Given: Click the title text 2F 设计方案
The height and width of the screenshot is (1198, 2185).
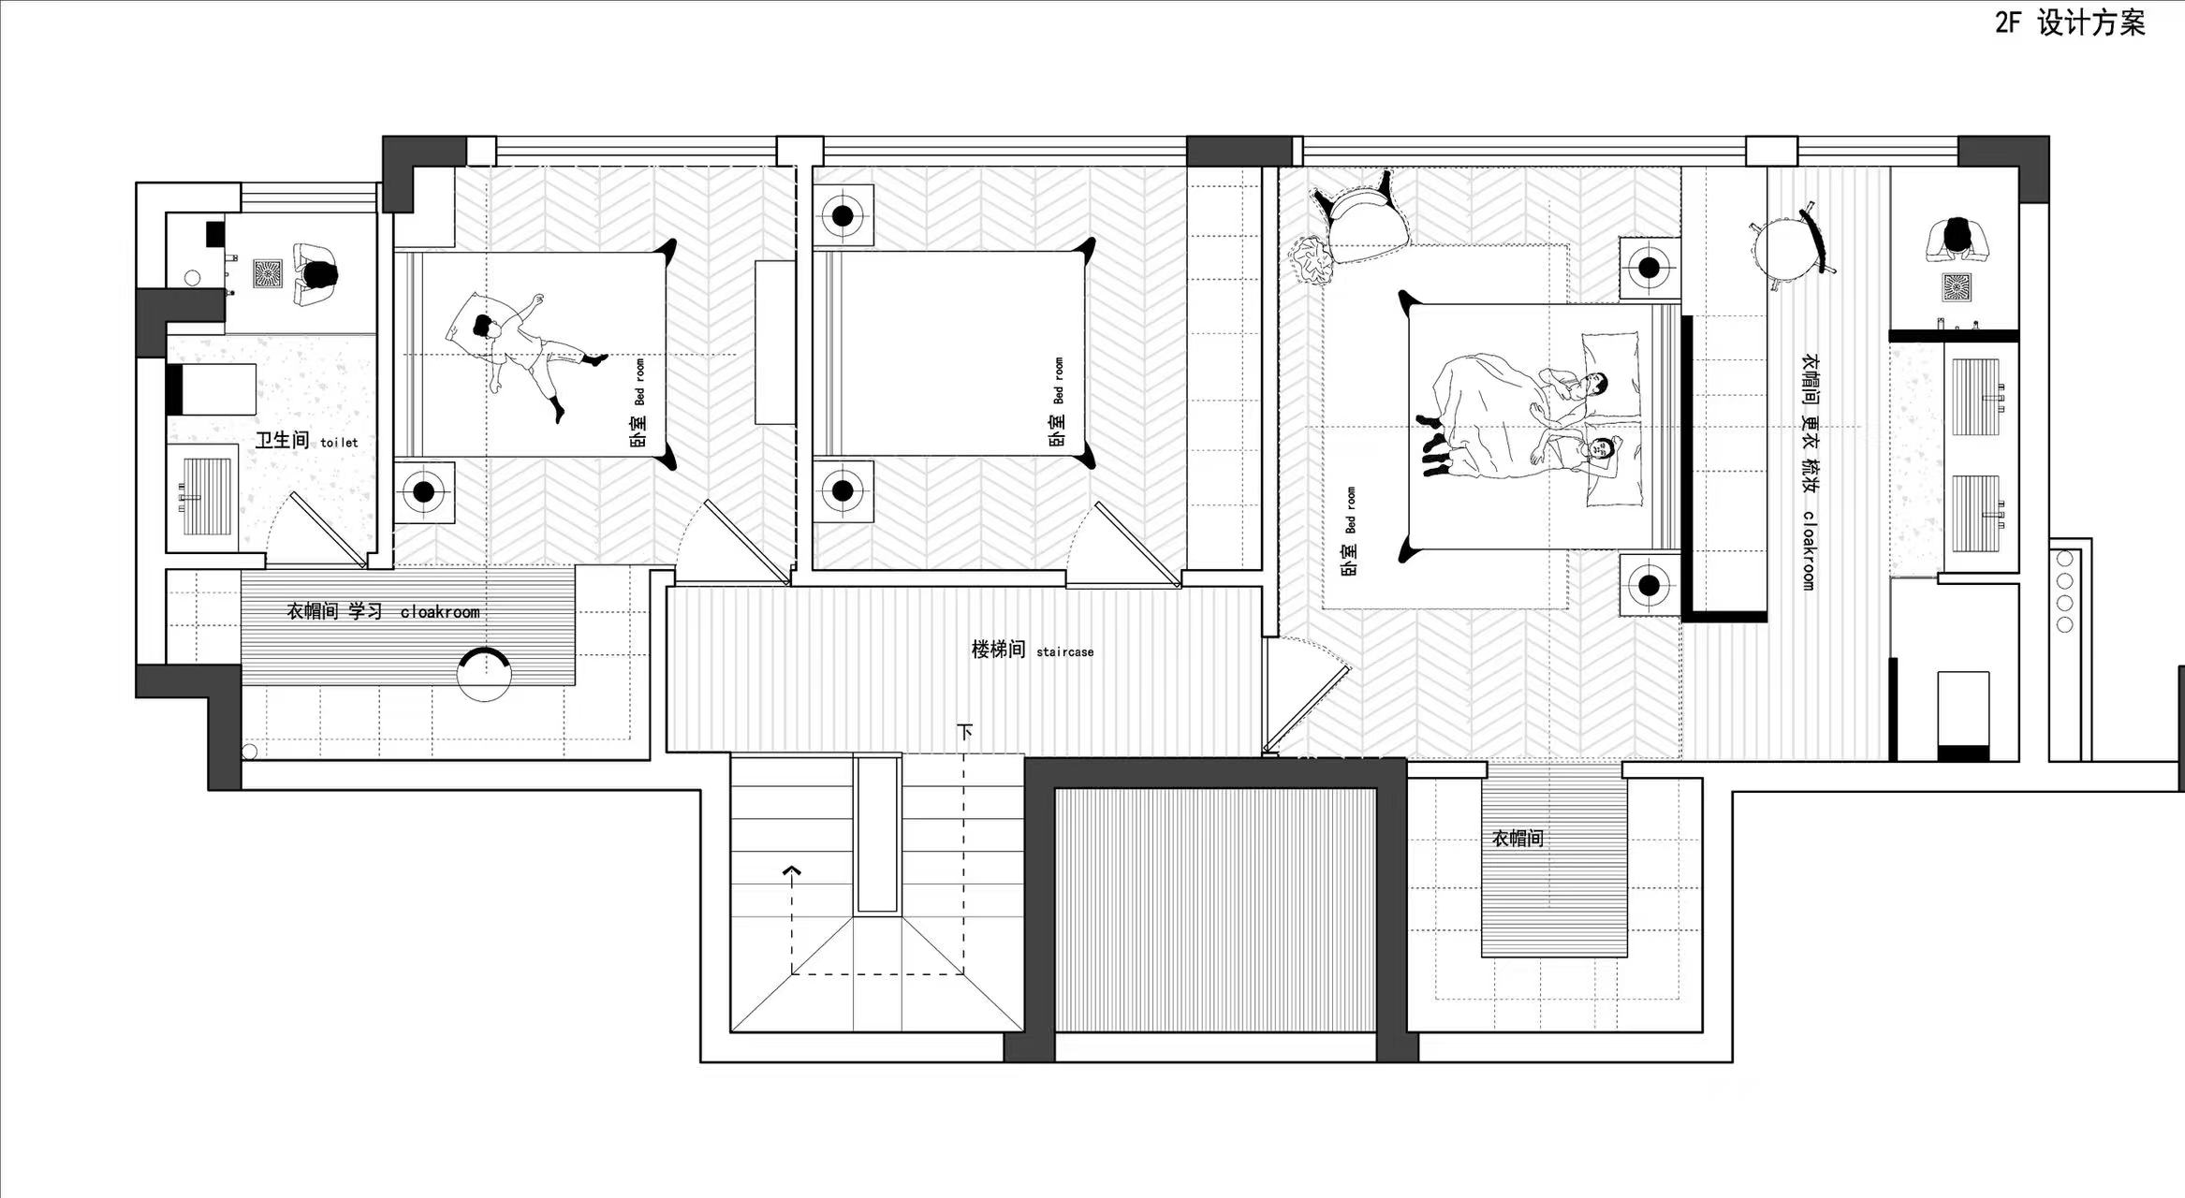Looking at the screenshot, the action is click(2070, 22).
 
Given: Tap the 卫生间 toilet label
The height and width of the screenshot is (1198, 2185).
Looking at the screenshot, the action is click(306, 440).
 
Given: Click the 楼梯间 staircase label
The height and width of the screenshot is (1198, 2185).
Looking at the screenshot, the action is click(1032, 650).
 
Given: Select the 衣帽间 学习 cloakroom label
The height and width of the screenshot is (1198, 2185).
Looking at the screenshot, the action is click(383, 611).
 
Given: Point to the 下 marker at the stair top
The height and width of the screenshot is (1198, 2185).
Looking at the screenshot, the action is click(964, 731).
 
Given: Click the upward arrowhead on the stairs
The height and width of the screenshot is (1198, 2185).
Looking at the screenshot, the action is click(792, 872).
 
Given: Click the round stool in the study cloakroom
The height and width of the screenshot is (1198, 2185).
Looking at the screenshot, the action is click(484, 674).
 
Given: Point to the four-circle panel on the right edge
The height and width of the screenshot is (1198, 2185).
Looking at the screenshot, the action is click(2064, 592).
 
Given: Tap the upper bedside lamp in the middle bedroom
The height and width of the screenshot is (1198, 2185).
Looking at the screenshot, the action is click(843, 215).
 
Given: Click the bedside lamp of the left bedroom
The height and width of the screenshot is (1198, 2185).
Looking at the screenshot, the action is click(424, 490).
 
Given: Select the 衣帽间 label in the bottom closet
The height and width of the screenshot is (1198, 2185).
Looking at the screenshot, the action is click(1518, 838).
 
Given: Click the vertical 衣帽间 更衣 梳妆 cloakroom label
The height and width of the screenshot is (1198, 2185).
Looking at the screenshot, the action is click(1810, 472).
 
